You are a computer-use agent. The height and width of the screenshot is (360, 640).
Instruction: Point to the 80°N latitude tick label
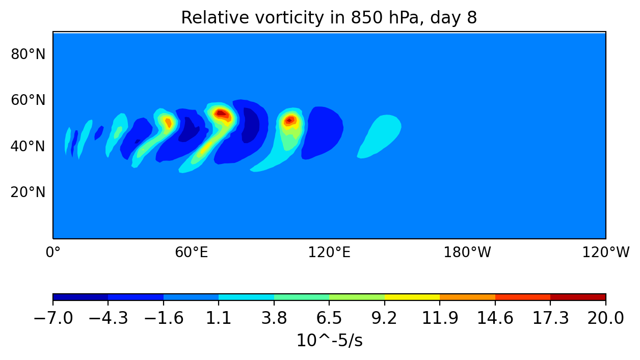[28, 54]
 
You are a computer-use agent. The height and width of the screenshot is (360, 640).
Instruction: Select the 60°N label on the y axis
[28, 100]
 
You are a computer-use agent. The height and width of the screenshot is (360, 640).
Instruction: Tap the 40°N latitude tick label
[28, 147]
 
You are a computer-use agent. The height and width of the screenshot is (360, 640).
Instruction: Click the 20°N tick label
[28, 192]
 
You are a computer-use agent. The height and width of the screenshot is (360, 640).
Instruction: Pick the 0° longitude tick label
[53, 252]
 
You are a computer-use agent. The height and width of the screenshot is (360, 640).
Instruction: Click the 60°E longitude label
[191, 252]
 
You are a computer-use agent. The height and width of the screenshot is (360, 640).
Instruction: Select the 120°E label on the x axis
[329, 252]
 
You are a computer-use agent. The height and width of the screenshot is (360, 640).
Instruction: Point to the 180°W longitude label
[467, 252]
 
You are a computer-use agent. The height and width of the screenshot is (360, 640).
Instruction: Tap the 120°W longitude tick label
[605, 252]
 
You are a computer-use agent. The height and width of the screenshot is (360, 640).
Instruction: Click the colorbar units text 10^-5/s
[329, 341]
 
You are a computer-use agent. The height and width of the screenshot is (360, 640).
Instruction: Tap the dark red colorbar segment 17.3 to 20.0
[578, 297]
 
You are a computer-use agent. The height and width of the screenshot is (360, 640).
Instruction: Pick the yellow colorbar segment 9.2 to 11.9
[412, 297]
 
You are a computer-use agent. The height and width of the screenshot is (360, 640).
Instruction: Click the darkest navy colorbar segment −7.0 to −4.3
[81, 297]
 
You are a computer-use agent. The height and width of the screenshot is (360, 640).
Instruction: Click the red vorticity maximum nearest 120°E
[289, 121]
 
